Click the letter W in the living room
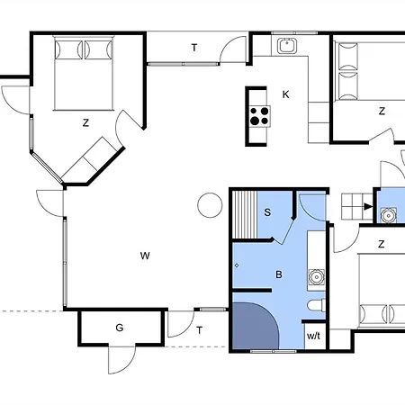[144, 256]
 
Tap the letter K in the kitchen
[286, 94]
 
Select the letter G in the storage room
[119, 328]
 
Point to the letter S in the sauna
[268, 212]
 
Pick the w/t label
[313, 336]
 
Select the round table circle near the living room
[209, 205]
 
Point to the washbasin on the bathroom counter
[315, 275]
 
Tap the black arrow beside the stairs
[366, 206]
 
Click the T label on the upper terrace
[193, 48]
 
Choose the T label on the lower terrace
[199, 330]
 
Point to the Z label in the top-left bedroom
[85, 124]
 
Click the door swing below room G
[120, 360]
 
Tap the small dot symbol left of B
[237, 266]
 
